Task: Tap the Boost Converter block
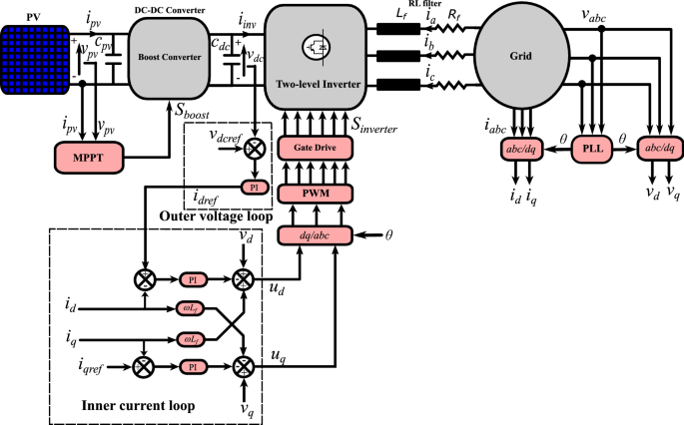[x=167, y=58]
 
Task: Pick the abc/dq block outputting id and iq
[x=520, y=150]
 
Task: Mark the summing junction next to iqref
[x=147, y=366]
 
